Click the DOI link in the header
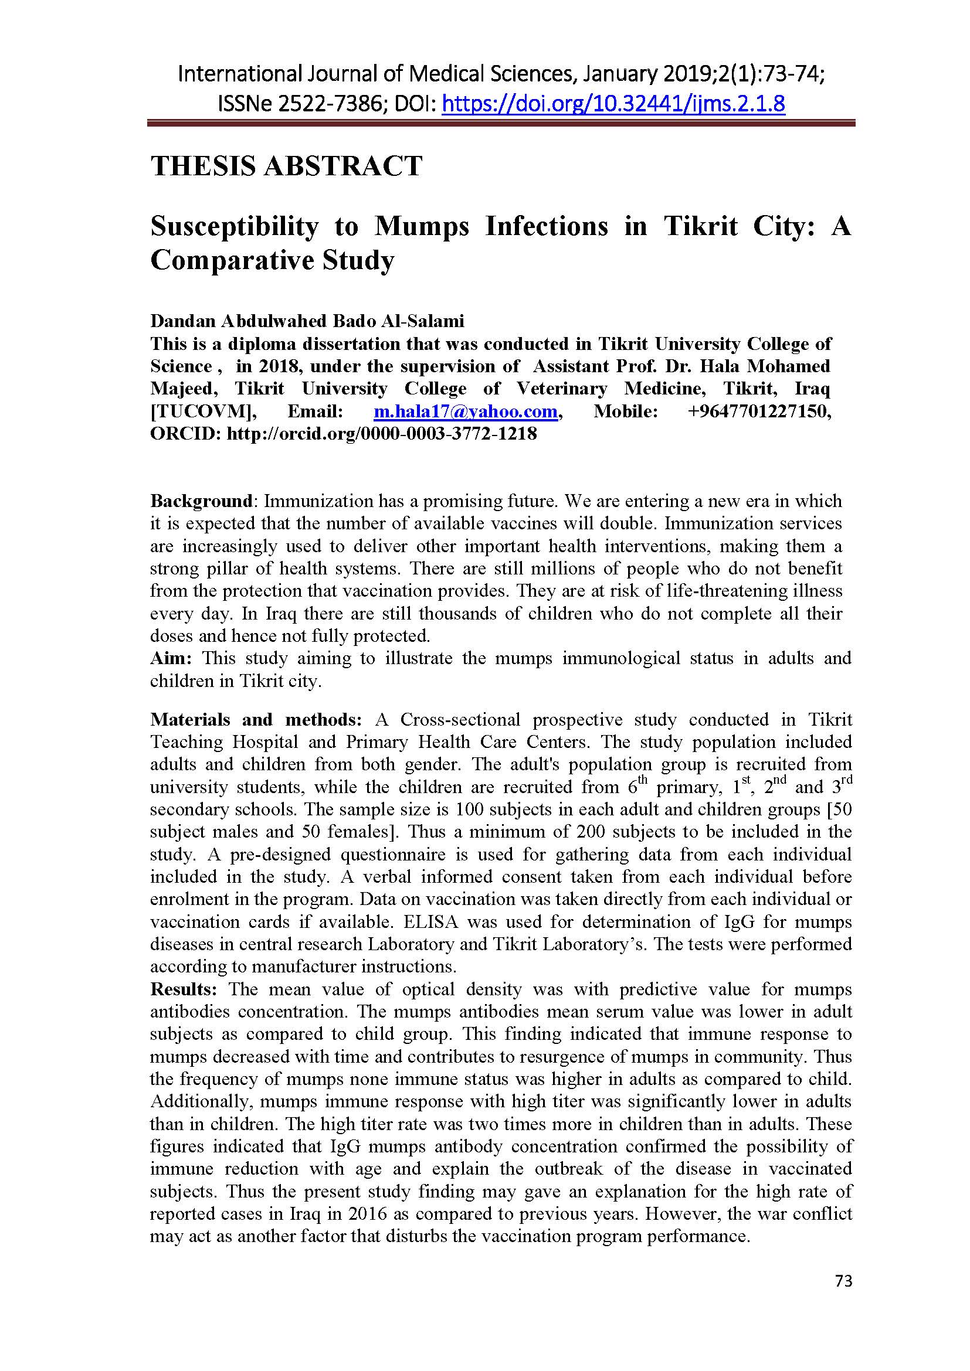pos(613,104)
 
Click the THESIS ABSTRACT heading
pos(286,165)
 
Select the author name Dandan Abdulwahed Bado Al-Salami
pos(307,321)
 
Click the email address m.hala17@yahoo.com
pos(465,411)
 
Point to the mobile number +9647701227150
pos(759,411)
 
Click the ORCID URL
pos(382,434)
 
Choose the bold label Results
pos(184,989)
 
